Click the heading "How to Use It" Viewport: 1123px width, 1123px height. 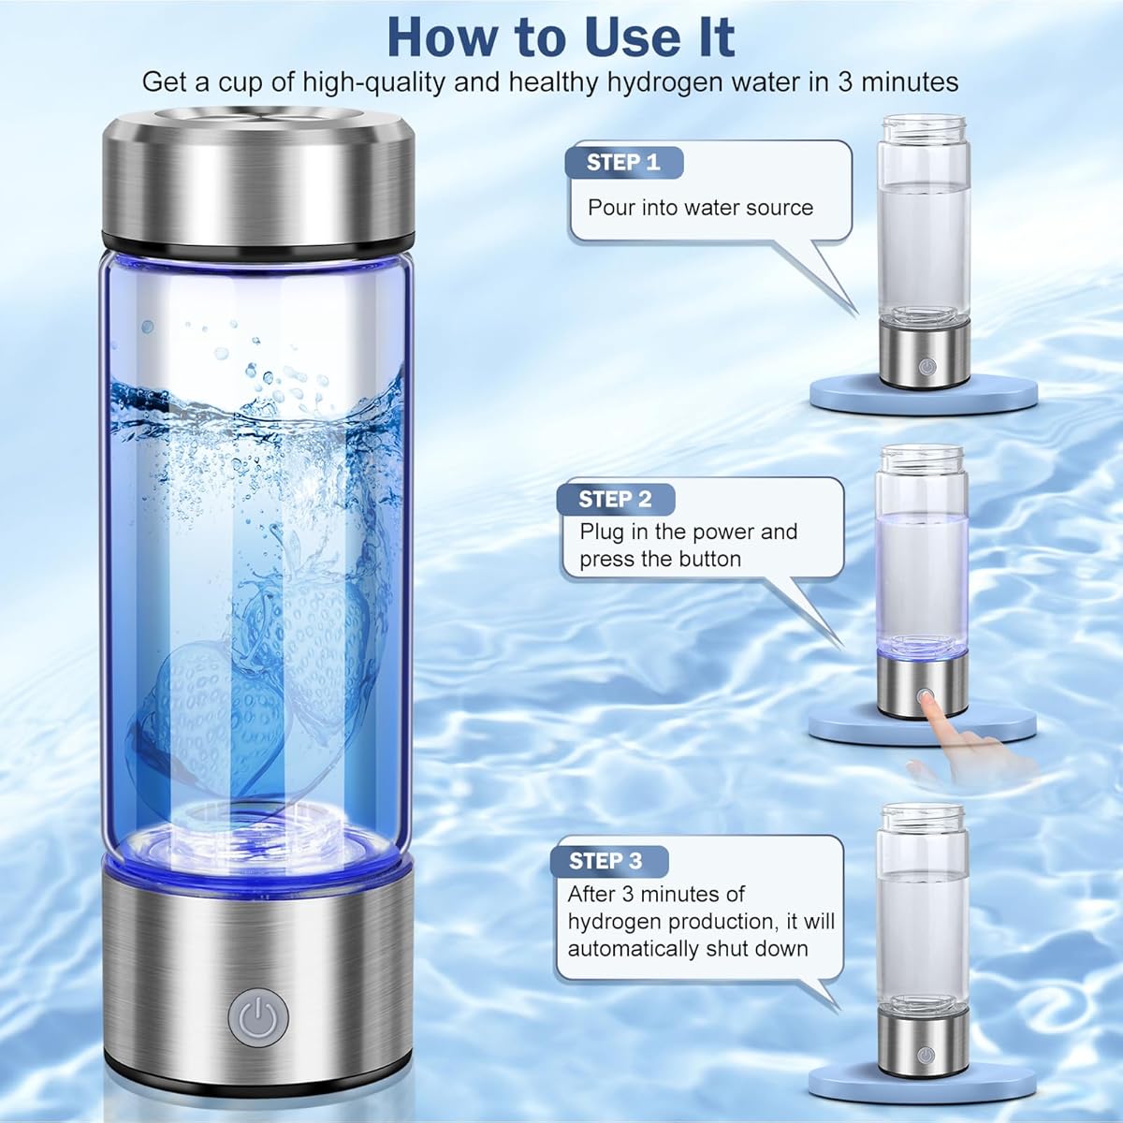coord(561,37)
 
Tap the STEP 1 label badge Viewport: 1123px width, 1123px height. coord(623,162)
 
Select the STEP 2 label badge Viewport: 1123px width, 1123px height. coord(615,499)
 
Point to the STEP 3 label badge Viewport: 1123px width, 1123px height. coord(605,861)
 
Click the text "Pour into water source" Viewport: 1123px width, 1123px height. coord(700,208)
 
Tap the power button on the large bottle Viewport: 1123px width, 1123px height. coord(258,1016)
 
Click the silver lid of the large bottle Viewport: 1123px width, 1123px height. coord(258,178)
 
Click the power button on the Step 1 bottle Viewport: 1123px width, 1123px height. coord(925,366)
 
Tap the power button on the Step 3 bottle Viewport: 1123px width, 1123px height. coord(925,1055)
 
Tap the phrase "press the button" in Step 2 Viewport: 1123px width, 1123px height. coord(660,560)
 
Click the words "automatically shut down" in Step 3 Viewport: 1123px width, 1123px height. coord(688,948)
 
